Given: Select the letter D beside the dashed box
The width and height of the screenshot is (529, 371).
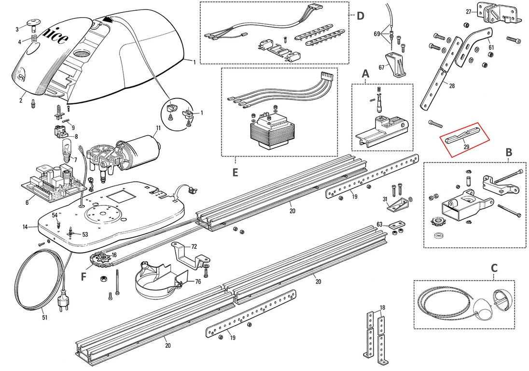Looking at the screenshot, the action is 361,15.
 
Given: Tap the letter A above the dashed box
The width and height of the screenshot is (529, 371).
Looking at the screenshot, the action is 365,73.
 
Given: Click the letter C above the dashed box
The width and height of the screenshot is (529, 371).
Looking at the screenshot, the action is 494,269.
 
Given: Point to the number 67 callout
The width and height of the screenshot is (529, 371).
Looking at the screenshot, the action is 382,68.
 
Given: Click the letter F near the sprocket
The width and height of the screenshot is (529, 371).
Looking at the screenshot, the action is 84,277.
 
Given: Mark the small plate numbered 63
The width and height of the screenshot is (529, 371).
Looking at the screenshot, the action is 397,225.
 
